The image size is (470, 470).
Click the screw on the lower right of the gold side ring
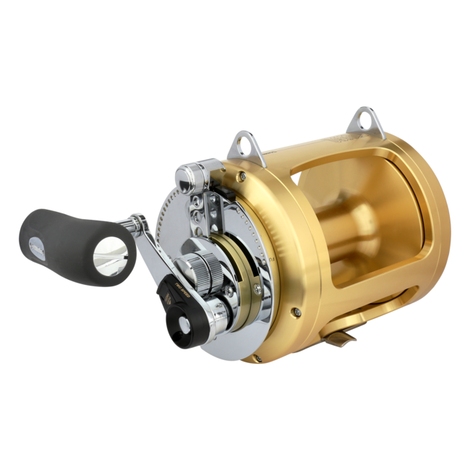(296, 312)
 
